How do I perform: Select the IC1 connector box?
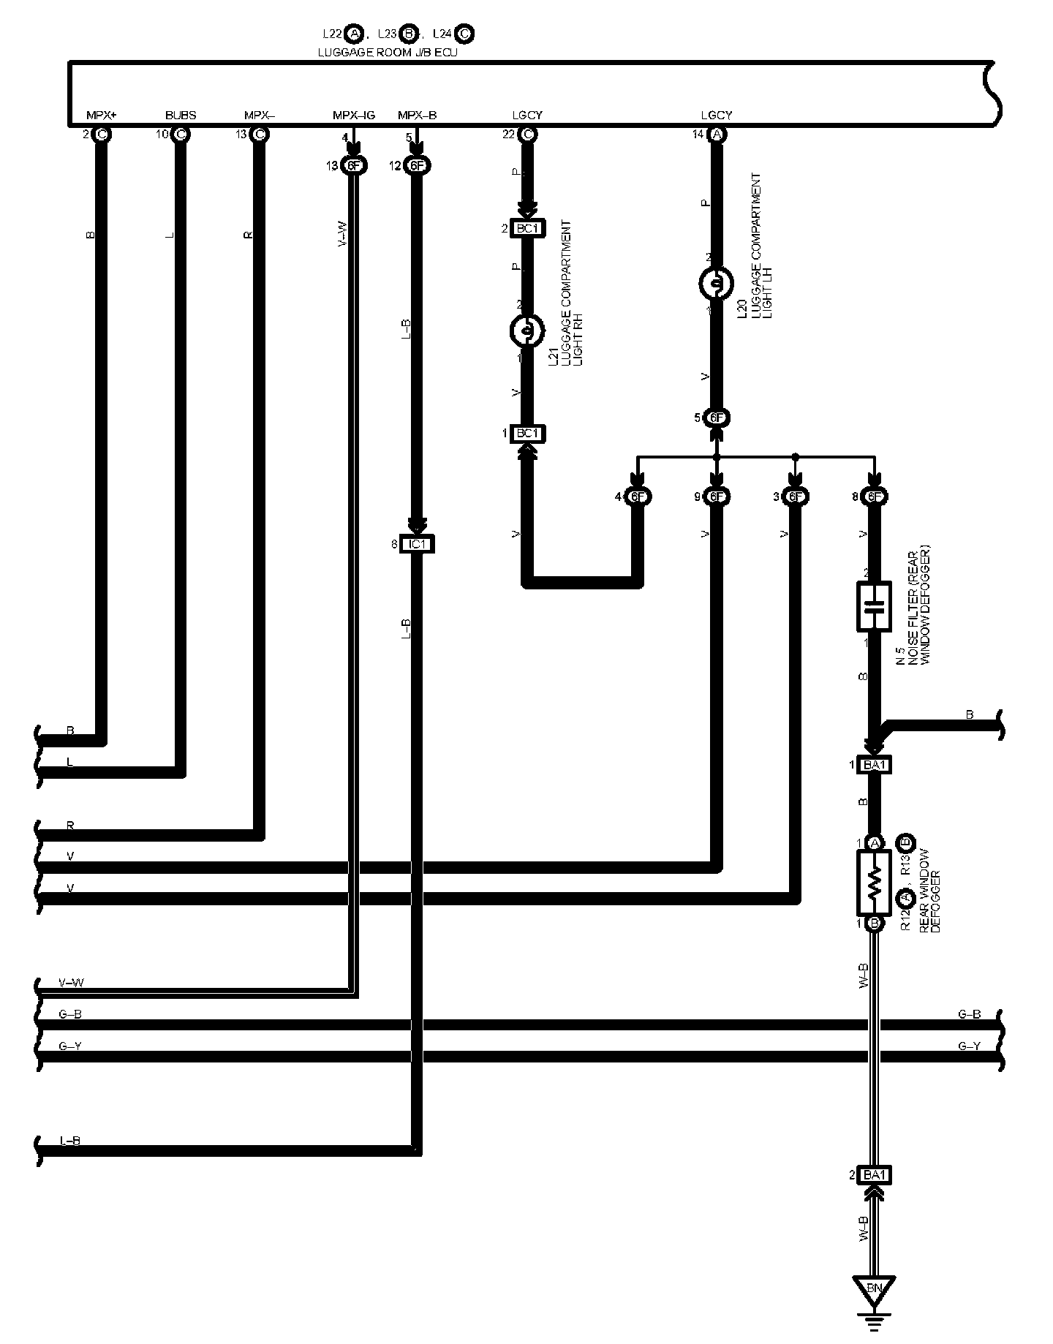(x=418, y=544)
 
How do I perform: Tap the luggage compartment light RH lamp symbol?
(x=526, y=331)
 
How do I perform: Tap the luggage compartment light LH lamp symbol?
(x=717, y=283)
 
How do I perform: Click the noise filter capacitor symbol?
(x=873, y=606)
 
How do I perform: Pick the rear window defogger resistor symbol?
(x=873, y=883)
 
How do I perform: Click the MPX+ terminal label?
(x=102, y=116)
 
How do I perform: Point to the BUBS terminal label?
(x=180, y=116)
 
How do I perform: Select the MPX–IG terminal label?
(x=353, y=116)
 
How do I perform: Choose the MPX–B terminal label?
(x=418, y=116)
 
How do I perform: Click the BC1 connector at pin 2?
(x=526, y=229)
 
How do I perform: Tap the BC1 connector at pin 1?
(x=526, y=434)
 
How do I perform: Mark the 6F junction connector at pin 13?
(x=355, y=166)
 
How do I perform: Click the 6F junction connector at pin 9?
(x=717, y=497)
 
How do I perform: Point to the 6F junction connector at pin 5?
(x=717, y=418)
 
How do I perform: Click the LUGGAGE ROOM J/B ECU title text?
(x=388, y=53)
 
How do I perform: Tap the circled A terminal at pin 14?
(x=717, y=135)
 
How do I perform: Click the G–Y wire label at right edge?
(x=969, y=1046)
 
